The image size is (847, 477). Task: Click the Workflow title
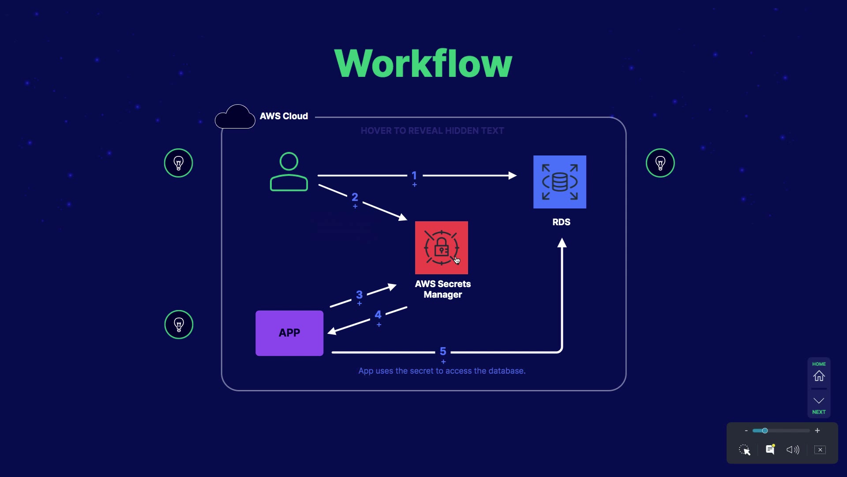coord(423,64)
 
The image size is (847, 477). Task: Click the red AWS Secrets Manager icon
coord(441,247)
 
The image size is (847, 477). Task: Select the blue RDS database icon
coord(559,182)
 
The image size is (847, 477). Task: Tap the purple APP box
coord(289,333)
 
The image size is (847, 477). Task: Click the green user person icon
coord(289,172)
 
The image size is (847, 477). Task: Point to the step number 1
coord(414,175)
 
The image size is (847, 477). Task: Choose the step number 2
coord(355,197)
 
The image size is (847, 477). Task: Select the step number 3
coord(359,295)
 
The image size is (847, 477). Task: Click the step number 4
coord(378,315)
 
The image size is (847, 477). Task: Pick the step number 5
coord(443,352)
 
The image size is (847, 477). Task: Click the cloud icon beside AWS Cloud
coord(235,117)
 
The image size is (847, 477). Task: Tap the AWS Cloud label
coord(284,116)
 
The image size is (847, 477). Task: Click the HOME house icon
coord(819,376)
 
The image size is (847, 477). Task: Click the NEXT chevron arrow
coord(819,401)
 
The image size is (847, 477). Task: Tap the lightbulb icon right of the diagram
coord(660,163)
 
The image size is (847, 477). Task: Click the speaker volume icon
coord(793,450)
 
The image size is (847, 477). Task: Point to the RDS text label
coord(561,222)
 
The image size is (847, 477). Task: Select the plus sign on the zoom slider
coord(817,431)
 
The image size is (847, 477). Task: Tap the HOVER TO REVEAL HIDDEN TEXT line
coord(432,131)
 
